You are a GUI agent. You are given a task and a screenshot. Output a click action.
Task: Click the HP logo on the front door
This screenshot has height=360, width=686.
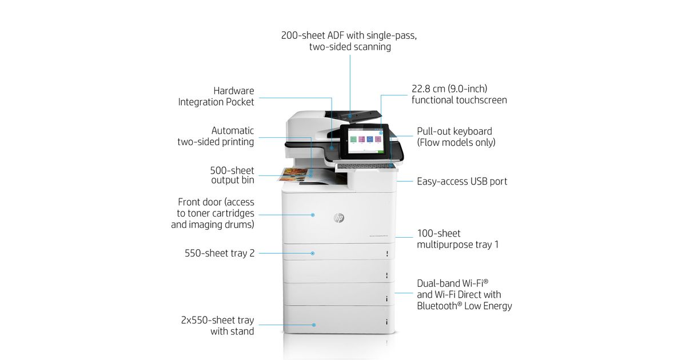338,218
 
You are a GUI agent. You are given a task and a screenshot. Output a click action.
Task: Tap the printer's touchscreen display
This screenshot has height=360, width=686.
364,141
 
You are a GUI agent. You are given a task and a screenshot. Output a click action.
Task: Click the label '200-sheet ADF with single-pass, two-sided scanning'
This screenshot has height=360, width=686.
349,41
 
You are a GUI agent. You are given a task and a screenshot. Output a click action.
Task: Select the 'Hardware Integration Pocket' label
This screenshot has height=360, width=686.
216,96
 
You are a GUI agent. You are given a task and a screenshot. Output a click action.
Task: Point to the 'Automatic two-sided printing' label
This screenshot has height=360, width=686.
216,136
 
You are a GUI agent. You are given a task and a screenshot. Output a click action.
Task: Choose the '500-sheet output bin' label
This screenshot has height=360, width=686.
232,175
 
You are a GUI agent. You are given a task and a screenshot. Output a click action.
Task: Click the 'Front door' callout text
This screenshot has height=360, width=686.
213,213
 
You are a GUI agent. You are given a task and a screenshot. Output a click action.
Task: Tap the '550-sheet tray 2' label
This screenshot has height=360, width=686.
220,253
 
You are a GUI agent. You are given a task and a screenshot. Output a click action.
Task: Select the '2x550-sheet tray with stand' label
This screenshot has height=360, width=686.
217,326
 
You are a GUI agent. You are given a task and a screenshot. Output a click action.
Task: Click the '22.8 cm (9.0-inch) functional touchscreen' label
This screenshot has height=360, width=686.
459,94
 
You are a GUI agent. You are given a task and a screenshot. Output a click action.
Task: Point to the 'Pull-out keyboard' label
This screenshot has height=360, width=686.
456,137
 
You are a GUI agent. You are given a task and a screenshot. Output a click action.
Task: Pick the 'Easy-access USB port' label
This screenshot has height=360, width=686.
462,181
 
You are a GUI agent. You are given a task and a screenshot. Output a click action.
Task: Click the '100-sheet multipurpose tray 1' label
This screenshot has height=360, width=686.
458,239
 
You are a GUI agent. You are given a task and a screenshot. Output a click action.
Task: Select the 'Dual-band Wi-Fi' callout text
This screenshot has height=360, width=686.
464,294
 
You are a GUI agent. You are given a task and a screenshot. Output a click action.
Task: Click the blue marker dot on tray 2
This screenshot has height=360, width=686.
313,253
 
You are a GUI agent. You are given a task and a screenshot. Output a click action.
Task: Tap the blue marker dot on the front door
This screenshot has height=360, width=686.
313,215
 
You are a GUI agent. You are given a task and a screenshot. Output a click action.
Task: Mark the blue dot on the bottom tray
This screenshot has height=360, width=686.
314,325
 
